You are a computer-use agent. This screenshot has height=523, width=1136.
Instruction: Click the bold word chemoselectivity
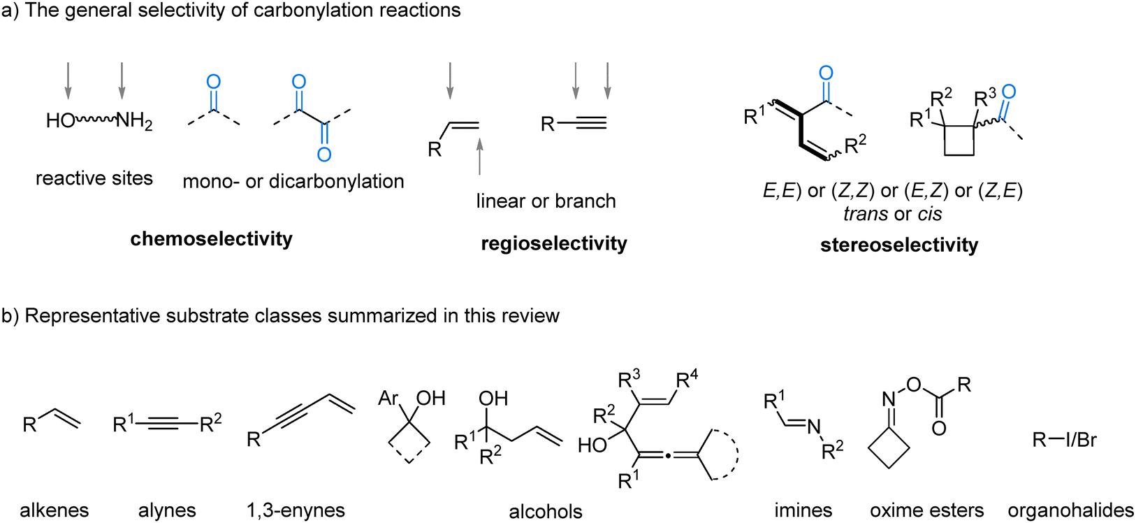coord(211,239)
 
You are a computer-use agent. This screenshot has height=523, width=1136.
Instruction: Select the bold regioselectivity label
coord(554,243)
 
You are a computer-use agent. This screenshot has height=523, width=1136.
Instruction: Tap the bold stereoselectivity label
coord(899,245)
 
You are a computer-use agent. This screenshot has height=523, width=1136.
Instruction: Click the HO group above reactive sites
coord(60,121)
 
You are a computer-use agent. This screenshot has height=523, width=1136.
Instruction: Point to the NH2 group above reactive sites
coord(134,122)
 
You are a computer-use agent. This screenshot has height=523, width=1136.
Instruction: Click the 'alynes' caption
coord(167,510)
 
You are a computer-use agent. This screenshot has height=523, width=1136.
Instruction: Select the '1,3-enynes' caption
coord(296,510)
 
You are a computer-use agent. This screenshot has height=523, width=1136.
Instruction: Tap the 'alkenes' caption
coord(54,510)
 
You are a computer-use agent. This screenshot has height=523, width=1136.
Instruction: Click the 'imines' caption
coord(803,510)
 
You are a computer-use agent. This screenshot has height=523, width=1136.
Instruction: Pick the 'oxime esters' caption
coord(926,510)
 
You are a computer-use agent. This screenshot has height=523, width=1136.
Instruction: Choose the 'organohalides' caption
coord(1070,510)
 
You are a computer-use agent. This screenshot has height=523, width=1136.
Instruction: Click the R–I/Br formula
coord(1064,440)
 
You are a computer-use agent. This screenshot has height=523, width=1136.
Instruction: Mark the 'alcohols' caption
coord(546,512)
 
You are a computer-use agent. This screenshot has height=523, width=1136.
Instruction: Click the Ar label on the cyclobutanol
coord(388,399)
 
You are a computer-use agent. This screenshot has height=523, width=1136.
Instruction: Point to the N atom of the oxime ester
coord(889,399)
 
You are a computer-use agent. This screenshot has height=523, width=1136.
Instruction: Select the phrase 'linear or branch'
coord(546,201)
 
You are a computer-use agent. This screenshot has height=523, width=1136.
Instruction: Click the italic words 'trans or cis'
coord(892,214)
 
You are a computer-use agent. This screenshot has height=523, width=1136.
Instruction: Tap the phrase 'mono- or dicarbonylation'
coord(293,182)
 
